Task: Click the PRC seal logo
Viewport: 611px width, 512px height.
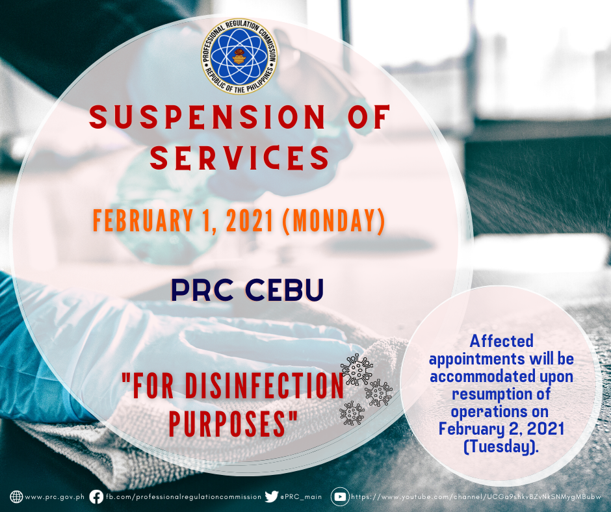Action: click(x=239, y=56)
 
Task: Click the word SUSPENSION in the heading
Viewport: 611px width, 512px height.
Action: click(x=207, y=116)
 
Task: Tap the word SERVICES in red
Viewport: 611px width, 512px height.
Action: click(x=240, y=158)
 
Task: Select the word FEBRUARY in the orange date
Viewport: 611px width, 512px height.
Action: click(x=142, y=220)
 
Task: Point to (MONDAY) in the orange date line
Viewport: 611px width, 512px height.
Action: click(x=333, y=221)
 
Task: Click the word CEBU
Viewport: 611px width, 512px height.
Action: click(x=285, y=290)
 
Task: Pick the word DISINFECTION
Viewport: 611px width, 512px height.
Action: click(x=265, y=385)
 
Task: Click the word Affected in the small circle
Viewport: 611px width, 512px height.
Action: click(x=502, y=341)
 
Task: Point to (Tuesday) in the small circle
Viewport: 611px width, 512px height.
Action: click(x=501, y=446)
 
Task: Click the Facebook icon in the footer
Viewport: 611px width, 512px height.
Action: click(x=96, y=497)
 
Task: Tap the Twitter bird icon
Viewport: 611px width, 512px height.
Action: click(x=271, y=496)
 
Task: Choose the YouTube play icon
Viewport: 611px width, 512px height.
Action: click(x=340, y=497)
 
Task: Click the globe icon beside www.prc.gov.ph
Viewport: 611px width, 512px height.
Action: click(x=16, y=497)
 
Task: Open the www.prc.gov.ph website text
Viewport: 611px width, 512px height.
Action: click(x=55, y=497)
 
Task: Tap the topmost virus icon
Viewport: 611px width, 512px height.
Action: click(x=356, y=370)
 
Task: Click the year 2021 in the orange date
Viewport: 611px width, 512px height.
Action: click(x=250, y=220)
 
